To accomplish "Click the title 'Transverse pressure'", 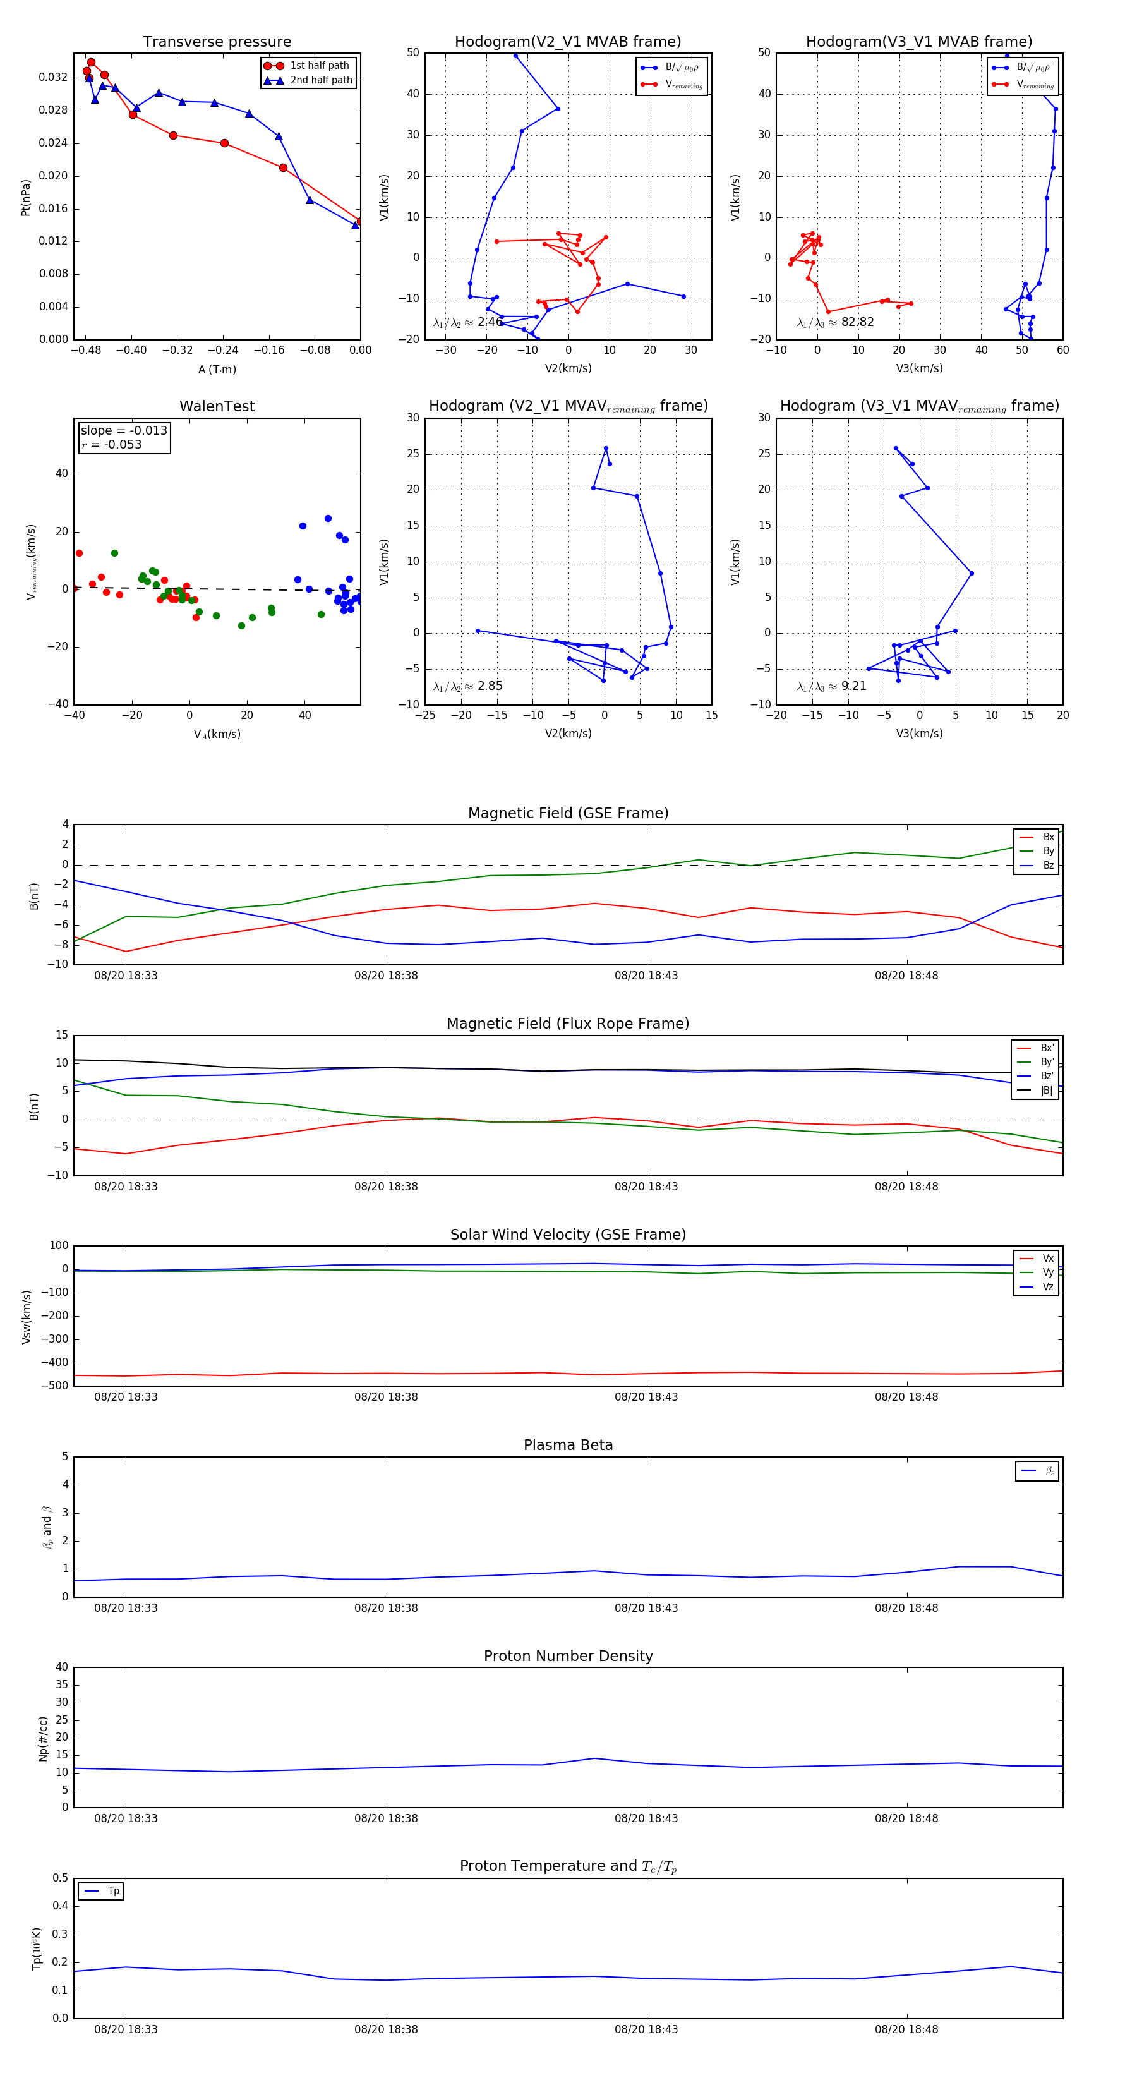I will pos(217,42).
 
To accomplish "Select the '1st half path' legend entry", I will pos(319,66).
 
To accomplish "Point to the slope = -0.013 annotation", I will pos(124,431).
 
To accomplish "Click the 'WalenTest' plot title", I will pos(217,406).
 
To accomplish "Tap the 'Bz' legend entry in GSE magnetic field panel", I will pos(1048,865).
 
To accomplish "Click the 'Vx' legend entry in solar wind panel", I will pos(1048,1258).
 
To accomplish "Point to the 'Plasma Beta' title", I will pos(568,1445).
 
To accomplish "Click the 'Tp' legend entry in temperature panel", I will pos(113,1891).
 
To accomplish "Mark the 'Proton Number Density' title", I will pos(568,1655).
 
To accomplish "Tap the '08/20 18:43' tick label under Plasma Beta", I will pos(646,1607).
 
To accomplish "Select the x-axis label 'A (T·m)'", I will pos(217,369).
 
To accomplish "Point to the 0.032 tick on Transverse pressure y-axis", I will pos(54,78).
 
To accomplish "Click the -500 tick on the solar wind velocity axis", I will pos(54,1386).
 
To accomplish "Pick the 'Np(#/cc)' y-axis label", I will pos(44,1737).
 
